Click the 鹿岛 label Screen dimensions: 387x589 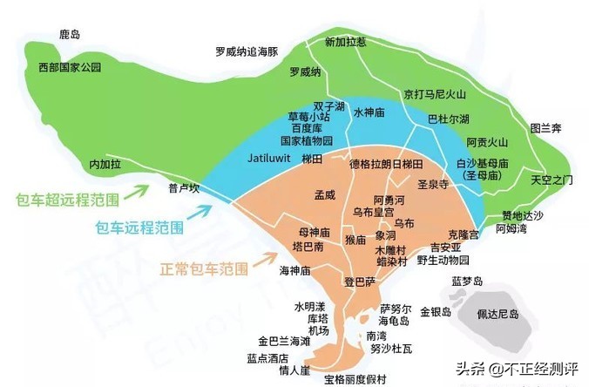click(x=70, y=35)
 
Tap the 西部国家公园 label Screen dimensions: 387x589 click(x=71, y=67)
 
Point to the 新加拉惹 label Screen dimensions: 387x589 click(x=346, y=42)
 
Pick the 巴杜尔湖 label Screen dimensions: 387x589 click(x=449, y=119)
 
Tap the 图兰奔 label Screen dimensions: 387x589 click(x=546, y=128)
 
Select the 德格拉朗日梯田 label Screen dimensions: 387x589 click(x=386, y=164)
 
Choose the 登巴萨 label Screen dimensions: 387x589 click(x=359, y=282)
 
